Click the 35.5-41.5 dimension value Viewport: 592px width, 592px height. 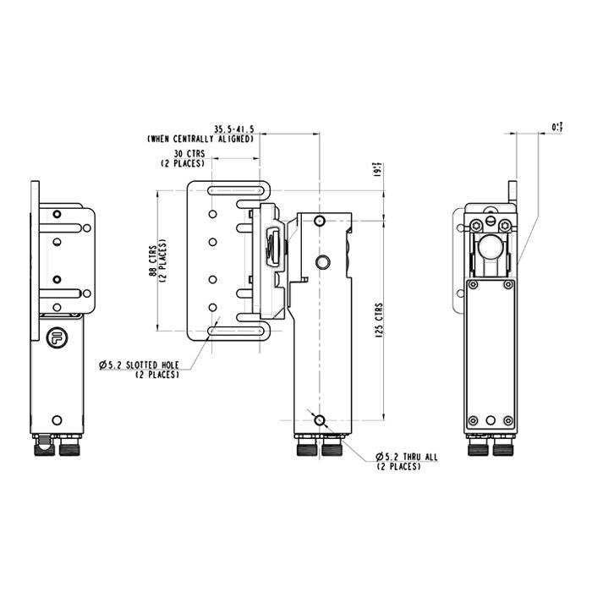tap(233, 129)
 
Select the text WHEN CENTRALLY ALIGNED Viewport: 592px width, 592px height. tap(200, 138)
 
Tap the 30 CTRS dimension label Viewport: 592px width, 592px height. tap(189, 154)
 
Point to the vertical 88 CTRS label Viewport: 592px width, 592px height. tap(156, 262)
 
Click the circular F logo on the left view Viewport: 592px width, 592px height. tap(56, 335)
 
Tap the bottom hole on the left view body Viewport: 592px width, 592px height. tap(57, 419)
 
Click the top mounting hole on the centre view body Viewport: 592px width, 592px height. tap(319, 222)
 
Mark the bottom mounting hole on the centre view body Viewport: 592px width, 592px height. tap(319, 420)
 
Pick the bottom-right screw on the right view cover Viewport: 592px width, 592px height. tap(507, 421)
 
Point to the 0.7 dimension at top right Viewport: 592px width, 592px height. tap(556, 127)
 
